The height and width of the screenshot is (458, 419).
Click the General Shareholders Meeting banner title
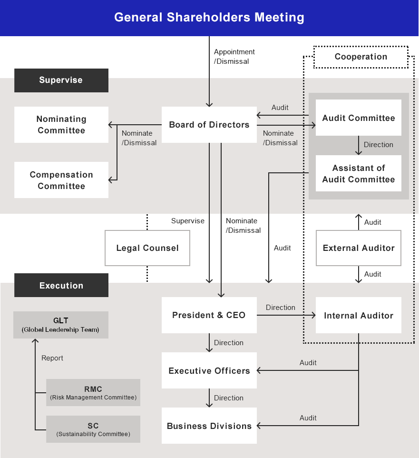pyautogui.click(x=209, y=18)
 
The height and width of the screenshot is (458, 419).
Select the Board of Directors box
pyautogui.click(x=209, y=125)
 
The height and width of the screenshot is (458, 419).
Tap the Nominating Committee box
pyautogui.click(x=61, y=125)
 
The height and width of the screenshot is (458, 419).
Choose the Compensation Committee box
pyautogui.click(x=61, y=180)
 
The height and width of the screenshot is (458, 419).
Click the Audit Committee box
pyautogui.click(x=359, y=118)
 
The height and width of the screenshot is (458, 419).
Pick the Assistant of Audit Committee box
pyautogui.click(x=359, y=173)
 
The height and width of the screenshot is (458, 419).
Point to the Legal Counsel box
pyautogui.click(x=147, y=248)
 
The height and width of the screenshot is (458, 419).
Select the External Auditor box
pyautogui.click(x=359, y=248)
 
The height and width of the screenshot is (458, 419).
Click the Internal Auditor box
pyautogui.click(x=359, y=315)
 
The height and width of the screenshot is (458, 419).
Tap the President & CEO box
pyautogui.click(x=209, y=315)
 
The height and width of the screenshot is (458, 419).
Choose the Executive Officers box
pyautogui.click(x=209, y=370)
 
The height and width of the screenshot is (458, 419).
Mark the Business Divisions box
pyautogui.click(x=209, y=426)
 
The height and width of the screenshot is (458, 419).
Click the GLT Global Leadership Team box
pyautogui.click(x=61, y=325)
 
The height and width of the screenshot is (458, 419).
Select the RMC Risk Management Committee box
pyautogui.click(x=93, y=392)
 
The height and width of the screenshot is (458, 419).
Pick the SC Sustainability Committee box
pyautogui.click(x=93, y=429)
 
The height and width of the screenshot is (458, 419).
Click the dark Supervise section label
pyautogui.click(x=61, y=80)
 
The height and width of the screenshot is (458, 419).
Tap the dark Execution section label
pyautogui.click(x=61, y=286)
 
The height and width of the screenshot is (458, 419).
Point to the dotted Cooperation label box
pyautogui.click(x=361, y=57)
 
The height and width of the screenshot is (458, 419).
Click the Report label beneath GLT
pyautogui.click(x=52, y=358)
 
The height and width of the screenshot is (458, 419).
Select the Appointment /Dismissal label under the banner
pyautogui.click(x=234, y=56)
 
